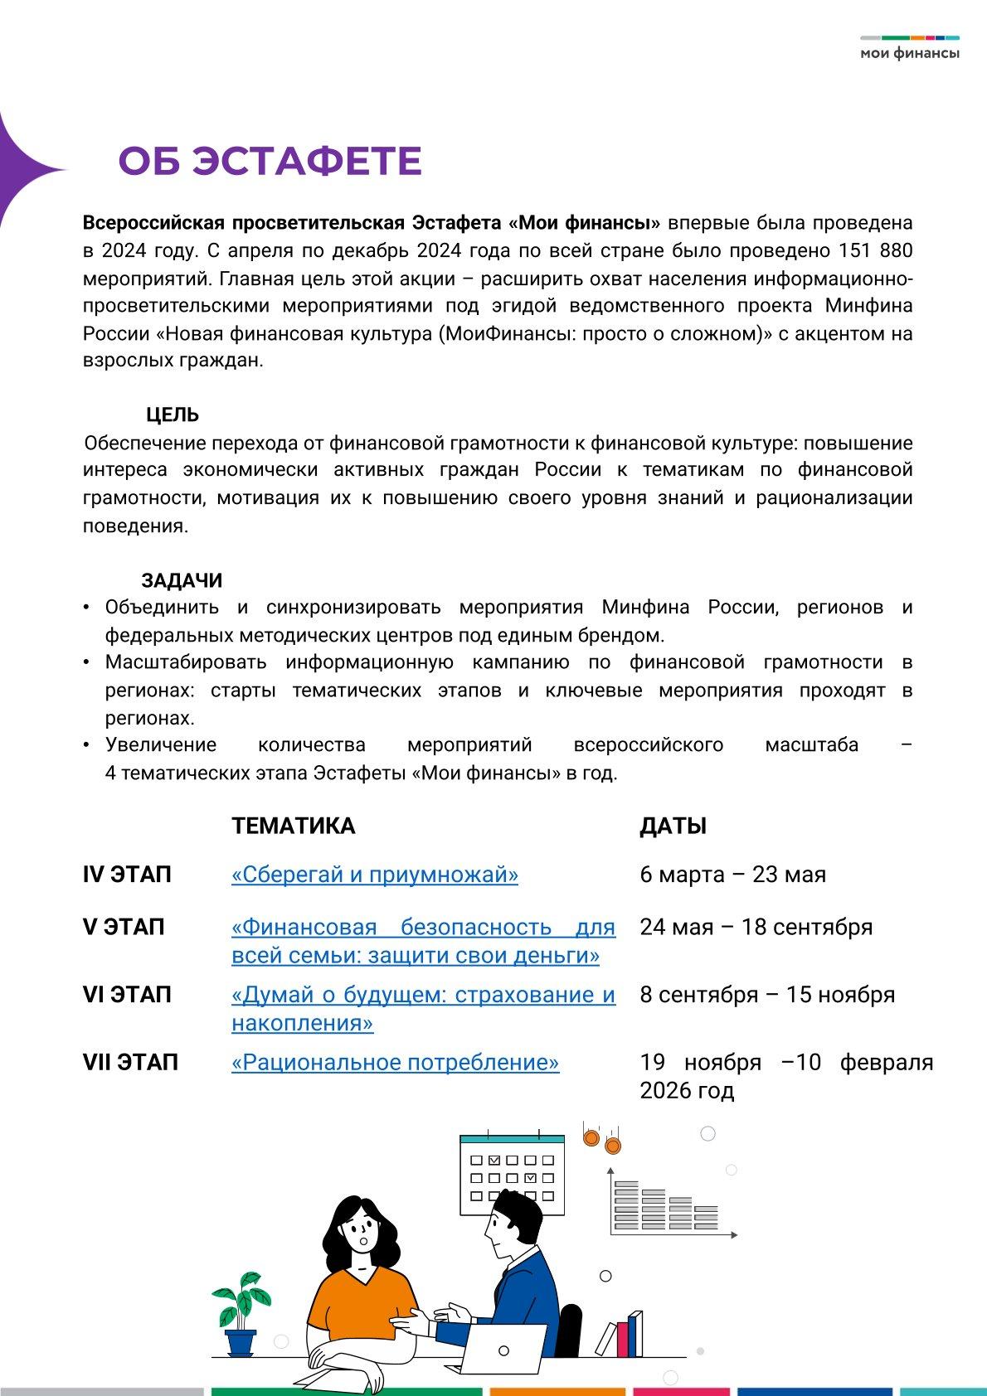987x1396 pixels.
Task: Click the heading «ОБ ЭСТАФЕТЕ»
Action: point(270,161)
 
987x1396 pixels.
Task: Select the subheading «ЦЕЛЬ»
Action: point(173,414)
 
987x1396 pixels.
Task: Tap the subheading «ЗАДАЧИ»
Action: point(182,580)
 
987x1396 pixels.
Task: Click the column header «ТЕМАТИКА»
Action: point(293,826)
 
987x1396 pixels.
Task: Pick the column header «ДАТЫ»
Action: point(673,826)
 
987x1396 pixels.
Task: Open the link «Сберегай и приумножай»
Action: point(375,875)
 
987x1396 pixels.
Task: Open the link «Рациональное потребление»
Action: point(395,1062)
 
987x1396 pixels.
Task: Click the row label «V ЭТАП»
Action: point(124,927)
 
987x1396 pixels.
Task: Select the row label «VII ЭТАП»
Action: point(130,1062)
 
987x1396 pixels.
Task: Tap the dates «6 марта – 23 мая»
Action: point(732,875)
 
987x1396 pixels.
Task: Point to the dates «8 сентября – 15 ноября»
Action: point(767,994)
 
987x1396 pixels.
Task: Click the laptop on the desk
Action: point(504,1350)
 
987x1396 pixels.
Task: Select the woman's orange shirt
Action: point(365,1301)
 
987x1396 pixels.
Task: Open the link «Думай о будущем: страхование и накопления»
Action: point(423,1008)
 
